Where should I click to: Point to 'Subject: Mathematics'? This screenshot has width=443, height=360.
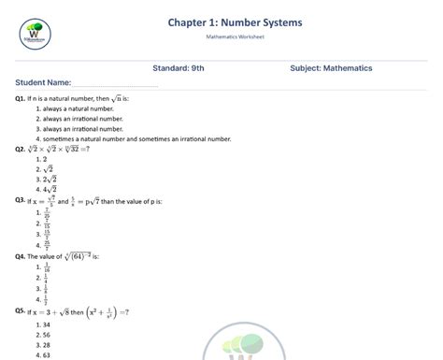coord(332,68)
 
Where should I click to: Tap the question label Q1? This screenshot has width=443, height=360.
coord(20,98)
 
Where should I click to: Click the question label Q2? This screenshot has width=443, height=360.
coord(20,149)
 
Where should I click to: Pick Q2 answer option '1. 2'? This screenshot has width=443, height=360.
coord(40,160)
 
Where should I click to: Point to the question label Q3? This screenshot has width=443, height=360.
coord(20,200)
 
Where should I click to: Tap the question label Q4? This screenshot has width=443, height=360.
coord(20,255)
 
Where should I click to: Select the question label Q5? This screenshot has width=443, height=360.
coord(20,310)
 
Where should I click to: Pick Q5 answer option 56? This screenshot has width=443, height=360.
coord(42,335)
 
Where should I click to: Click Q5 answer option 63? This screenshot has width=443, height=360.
coord(42,355)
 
